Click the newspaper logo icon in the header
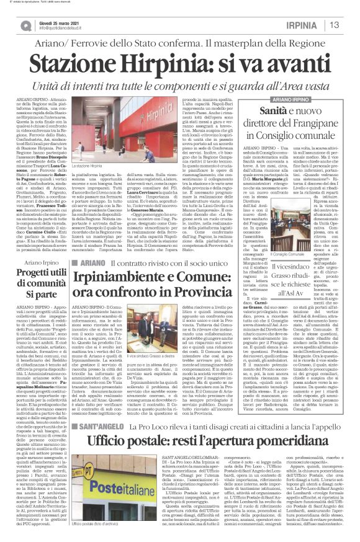pyautogui.click(x=26, y=25)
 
